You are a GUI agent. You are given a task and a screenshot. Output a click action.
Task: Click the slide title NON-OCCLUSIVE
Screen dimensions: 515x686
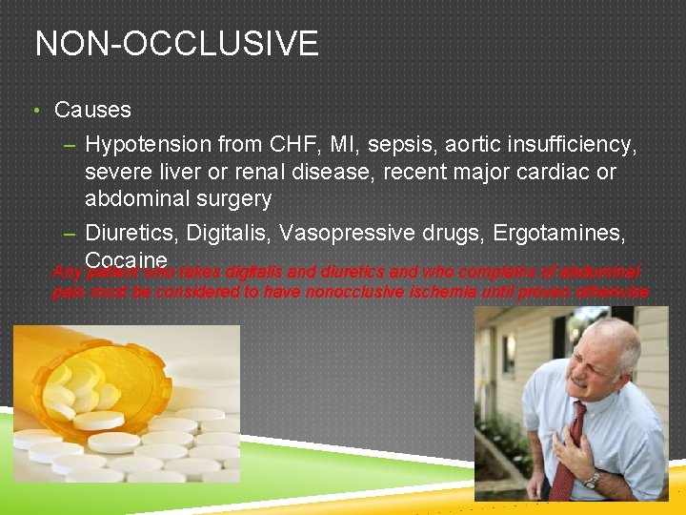pyautogui.click(x=176, y=44)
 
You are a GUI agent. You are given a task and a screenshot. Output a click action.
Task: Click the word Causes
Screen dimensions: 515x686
pyautogui.click(x=92, y=110)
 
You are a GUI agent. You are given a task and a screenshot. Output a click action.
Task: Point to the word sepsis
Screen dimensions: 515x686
pyautogui.click(x=413, y=145)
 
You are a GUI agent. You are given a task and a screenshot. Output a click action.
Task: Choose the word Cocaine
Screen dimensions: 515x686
pyautogui.click(x=126, y=260)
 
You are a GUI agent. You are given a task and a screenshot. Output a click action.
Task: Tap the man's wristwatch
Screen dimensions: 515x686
pyautogui.click(x=594, y=481)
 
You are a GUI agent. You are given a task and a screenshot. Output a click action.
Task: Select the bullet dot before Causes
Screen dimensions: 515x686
pyautogui.click(x=35, y=111)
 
